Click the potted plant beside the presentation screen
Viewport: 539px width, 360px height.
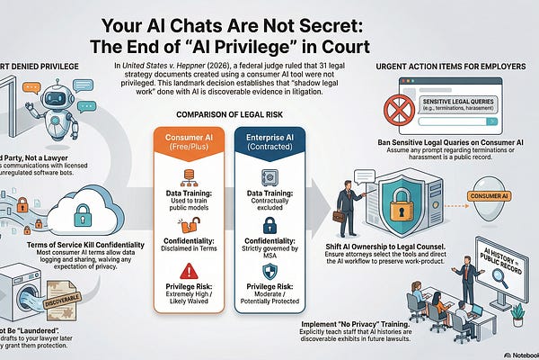point(517,313)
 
